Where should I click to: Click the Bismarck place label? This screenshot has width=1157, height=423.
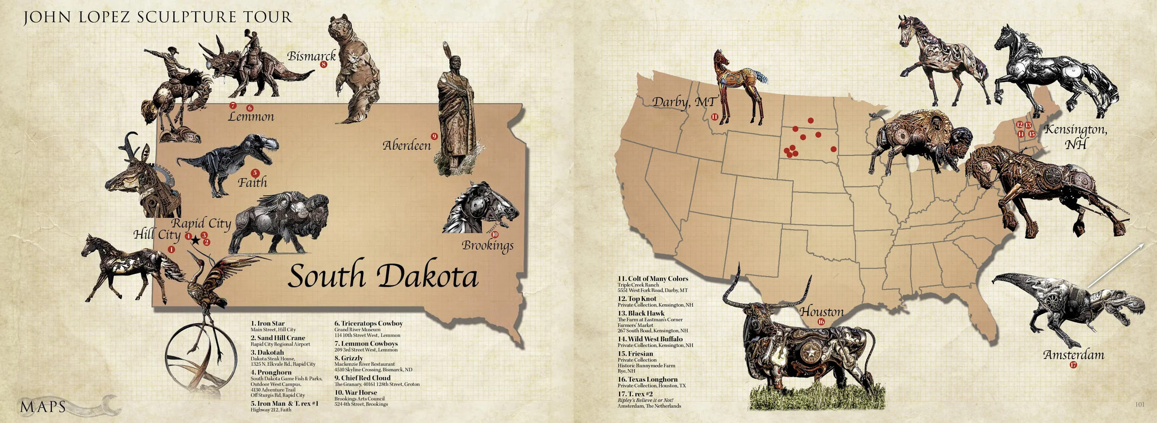pyautogui.click(x=311, y=56)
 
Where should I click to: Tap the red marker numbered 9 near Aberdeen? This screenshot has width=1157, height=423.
pyautogui.click(x=434, y=136)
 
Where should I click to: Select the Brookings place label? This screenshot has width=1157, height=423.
pyautogui.click(x=487, y=245)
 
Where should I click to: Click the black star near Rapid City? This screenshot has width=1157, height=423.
pyautogui.click(x=196, y=240)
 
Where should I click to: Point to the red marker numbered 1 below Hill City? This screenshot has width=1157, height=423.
pyautogui.click(x=172, y=250)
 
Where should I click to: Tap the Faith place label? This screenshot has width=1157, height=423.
pyautogui.click(x=252, y=183)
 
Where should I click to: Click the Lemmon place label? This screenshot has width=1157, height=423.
pyautogui.click(x=251, y=117)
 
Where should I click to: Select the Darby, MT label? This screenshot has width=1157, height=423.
pyautogui.click(x=684, y=102)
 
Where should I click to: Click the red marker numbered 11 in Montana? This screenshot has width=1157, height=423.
pyautogui.click(x=714, y=117)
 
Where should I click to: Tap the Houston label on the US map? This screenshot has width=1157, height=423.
pyautogui.click(x=821, y=312)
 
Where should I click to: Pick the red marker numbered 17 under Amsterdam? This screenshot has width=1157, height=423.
pyautogui.click(x=1073, y=365)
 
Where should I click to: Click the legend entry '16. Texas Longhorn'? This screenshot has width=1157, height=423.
pyautogui.click(x=647, y=380)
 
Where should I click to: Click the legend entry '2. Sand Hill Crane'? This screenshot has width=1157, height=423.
pyautogui.click(x=278, y=338)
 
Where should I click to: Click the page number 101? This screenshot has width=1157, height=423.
pyautogui.click(x=1139, y=405)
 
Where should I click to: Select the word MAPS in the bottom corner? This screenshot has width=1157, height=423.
pyautogui.click(x=43, y=407)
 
